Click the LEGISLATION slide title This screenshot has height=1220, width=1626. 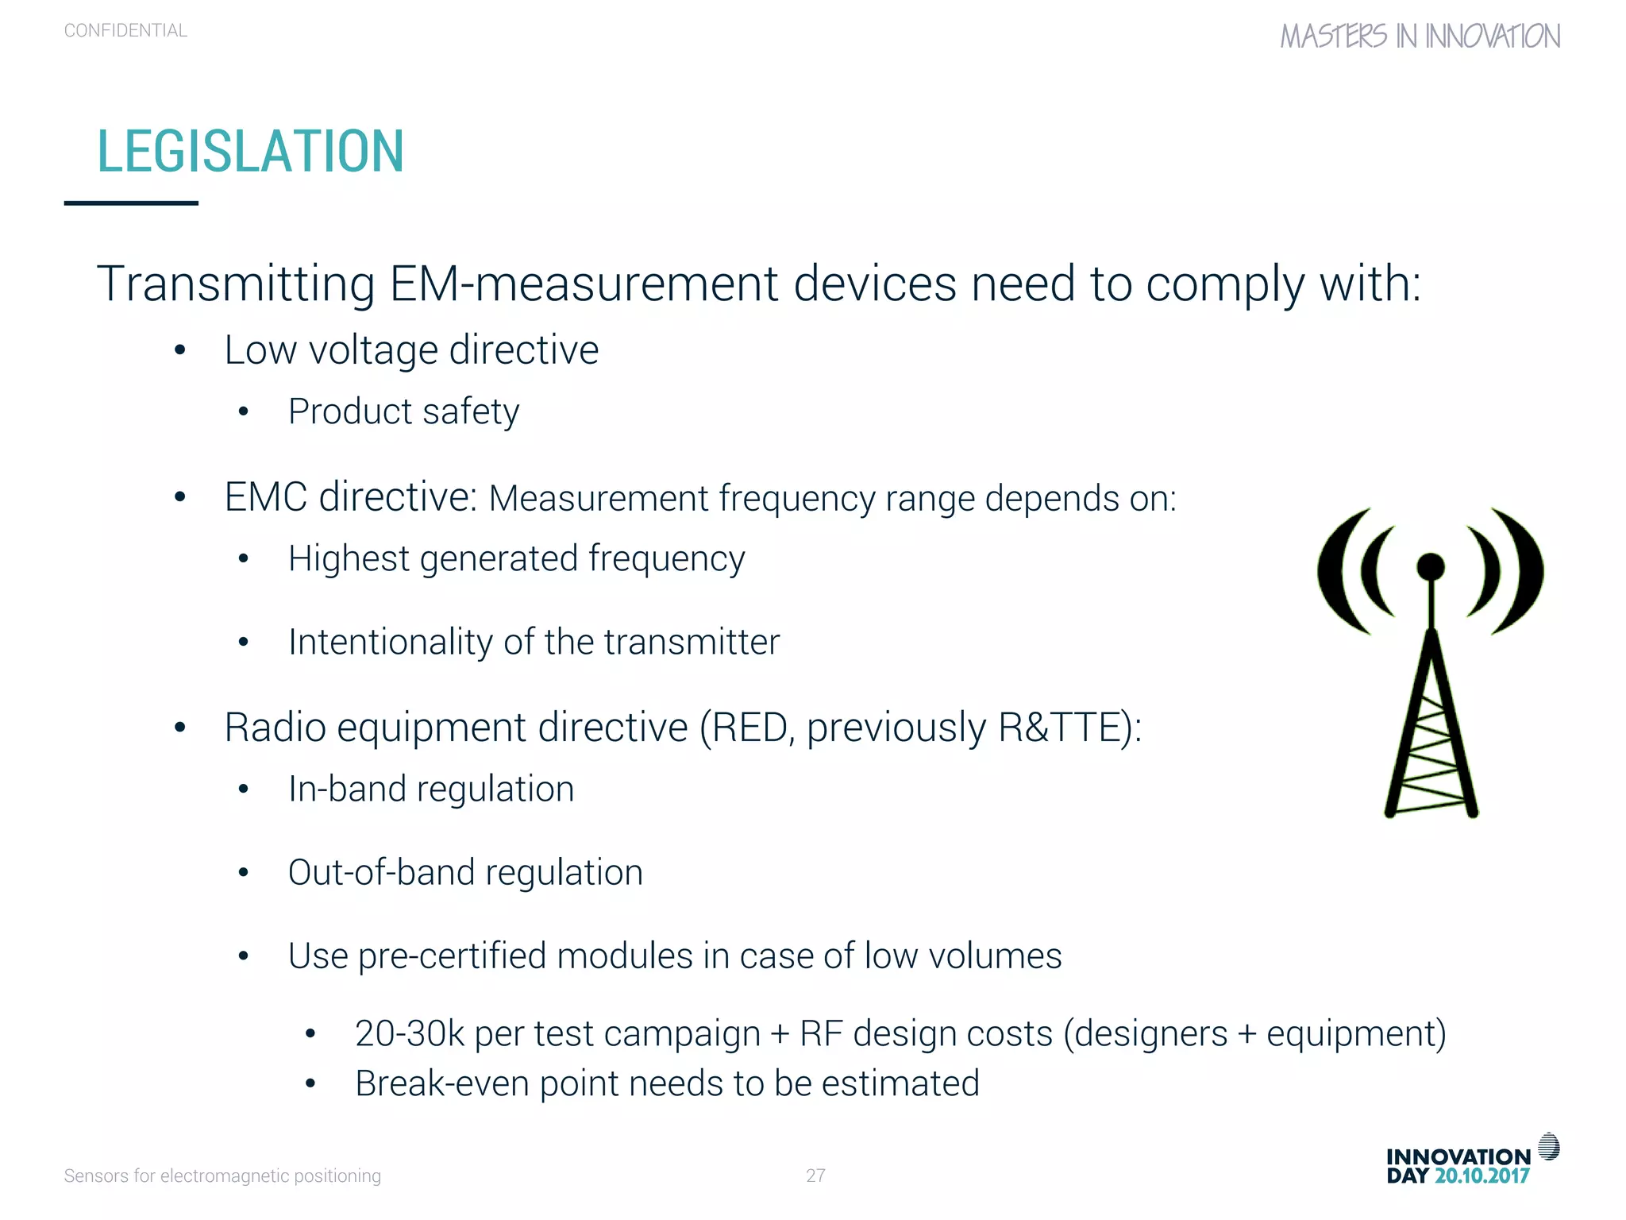250,151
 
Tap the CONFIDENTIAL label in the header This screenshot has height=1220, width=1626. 125,31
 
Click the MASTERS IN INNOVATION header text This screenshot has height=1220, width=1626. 1420,37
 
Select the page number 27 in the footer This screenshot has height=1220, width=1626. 815,1176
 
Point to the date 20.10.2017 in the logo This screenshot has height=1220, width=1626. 1482,1176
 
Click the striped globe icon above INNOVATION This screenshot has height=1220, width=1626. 1548,1146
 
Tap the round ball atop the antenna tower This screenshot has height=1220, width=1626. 1431,566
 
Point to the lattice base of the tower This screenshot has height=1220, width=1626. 1431,755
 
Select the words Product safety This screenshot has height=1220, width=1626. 403,411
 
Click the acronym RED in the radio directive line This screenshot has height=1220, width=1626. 749,728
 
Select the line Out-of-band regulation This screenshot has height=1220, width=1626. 465,872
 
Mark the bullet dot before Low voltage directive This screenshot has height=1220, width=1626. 180,350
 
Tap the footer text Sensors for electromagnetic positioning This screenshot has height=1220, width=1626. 222,1176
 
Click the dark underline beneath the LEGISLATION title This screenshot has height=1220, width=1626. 131,203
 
